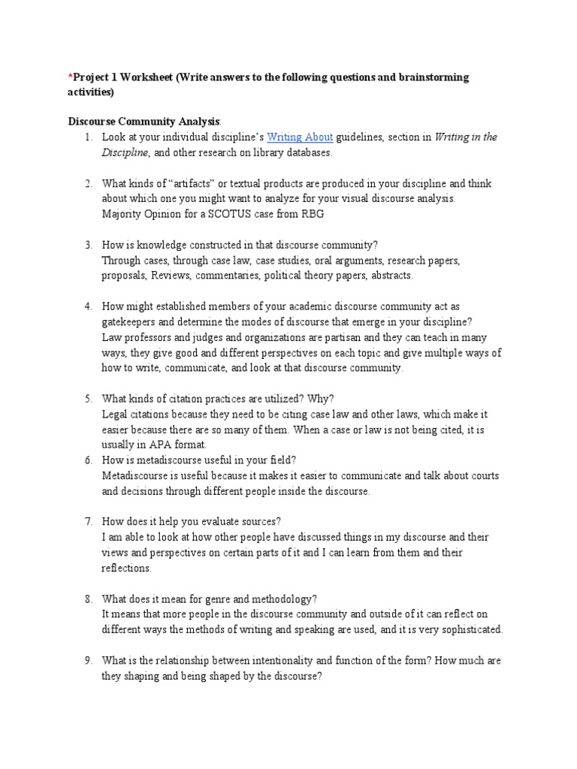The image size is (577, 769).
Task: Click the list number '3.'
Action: [x=88, y=245]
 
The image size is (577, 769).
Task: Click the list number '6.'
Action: [x=88, y=460]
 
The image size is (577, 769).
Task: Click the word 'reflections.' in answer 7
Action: [x=127, y=568]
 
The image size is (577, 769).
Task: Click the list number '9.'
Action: [x=88, y=660]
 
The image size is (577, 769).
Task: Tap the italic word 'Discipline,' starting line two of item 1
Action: [x=126, y=152]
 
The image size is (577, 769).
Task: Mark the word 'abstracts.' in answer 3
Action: [x=388, y=276]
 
